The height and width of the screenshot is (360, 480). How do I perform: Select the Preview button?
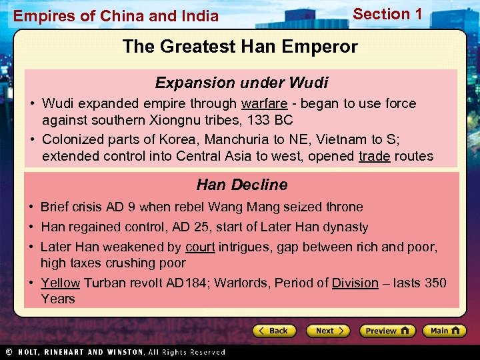(x=387, y=331)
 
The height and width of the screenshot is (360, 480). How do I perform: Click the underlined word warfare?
(x=263, y=103)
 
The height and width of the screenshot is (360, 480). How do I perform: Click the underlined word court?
(x=200, y=247)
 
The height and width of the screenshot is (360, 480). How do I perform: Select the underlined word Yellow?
(x=60, y=283)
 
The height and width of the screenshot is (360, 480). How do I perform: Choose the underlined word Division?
(x=355, y=283)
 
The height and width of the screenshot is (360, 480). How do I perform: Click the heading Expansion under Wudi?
(x=241, y=83)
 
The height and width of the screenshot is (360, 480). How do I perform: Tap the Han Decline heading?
(x=241, y=185)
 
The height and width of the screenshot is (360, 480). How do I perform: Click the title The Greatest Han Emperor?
(x=240, y=47)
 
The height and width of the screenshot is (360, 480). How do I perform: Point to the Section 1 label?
(x=387, y=14)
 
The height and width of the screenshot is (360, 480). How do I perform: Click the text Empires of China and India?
(x=116, y=16)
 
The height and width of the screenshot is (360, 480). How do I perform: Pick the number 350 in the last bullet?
(x=435, y=283)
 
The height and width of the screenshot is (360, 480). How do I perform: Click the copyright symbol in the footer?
(x=8, y=352)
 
